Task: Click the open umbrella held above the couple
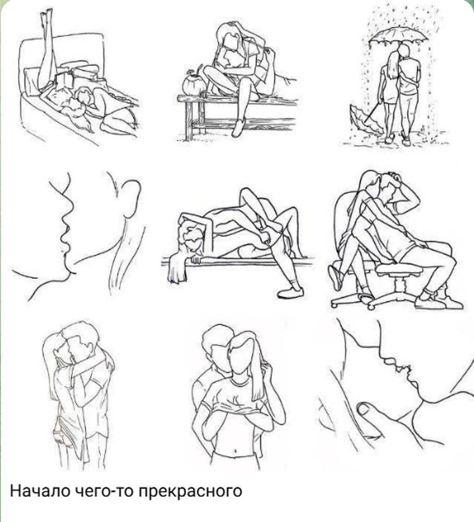click(398, 34)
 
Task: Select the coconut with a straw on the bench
click(194, 84)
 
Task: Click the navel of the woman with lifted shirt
click(235, 451)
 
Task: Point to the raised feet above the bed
click(46, 17)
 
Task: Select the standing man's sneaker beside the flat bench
click(291, 292)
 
